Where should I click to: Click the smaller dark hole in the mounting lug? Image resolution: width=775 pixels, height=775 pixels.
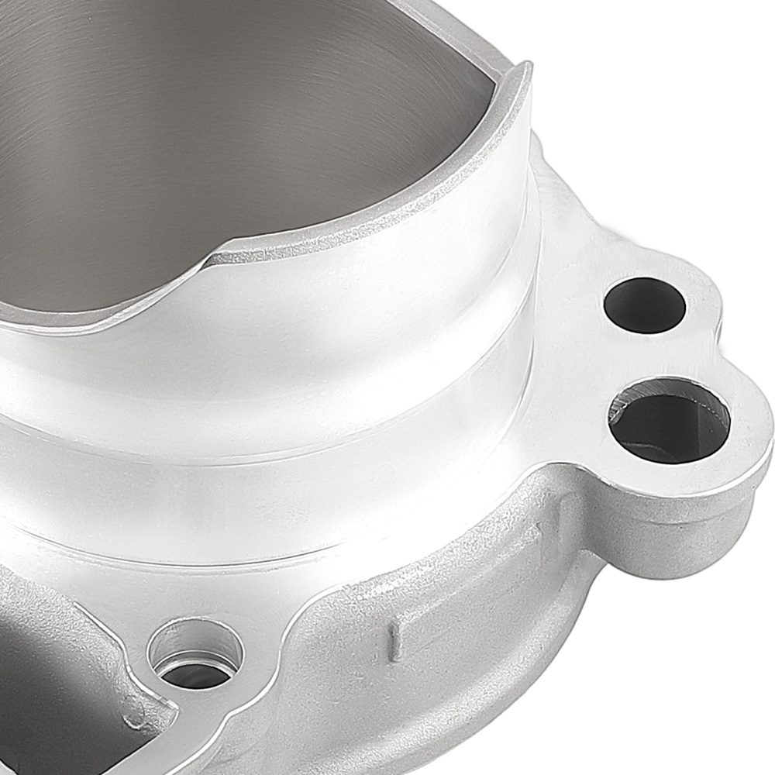[x=644, y=305]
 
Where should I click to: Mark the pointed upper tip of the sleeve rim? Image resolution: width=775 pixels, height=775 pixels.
[x=527, y=67]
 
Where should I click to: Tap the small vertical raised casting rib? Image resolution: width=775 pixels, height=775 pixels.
[x=394, y=636]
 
